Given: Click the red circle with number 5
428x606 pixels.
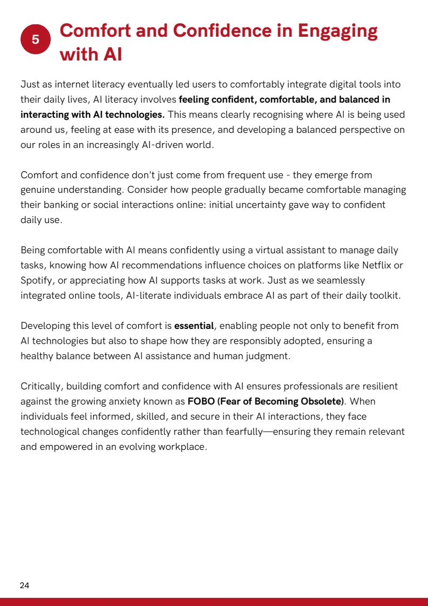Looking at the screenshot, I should point(36,39).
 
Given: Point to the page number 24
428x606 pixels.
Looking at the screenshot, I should point(24,585).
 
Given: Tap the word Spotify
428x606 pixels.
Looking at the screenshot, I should point(35,281).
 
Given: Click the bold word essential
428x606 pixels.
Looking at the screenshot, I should point(194,326).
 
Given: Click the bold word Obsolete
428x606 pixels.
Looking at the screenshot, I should point(323,402).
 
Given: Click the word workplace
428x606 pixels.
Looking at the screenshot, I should point(182,447).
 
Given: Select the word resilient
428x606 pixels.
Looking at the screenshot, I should point(378,387).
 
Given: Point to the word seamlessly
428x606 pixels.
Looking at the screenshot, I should point(339,281).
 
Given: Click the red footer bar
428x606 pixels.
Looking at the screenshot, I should point(214,602).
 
